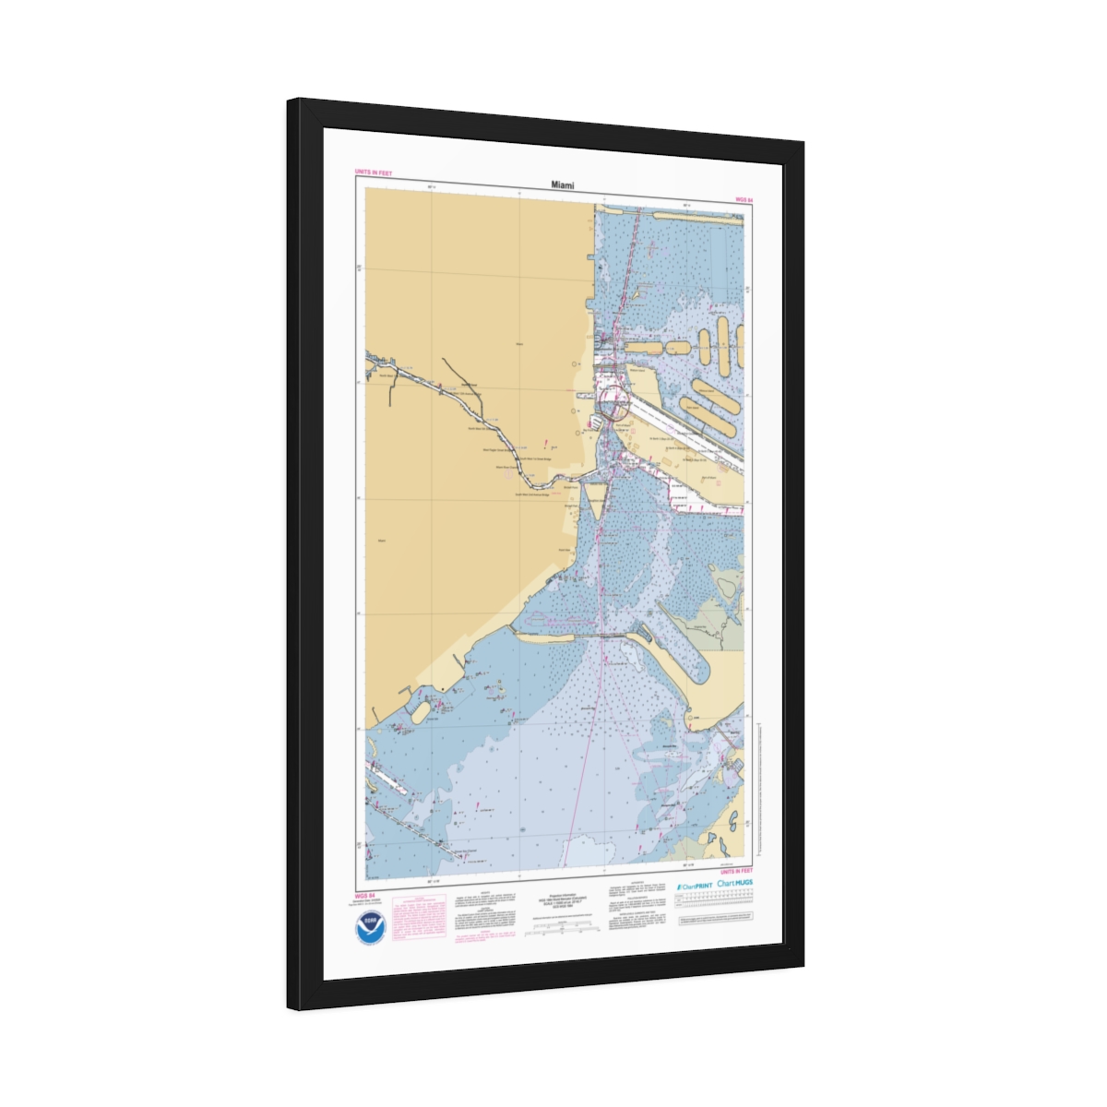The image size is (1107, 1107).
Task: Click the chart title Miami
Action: pos(563,185)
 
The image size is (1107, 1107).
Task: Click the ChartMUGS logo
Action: pos(735,883)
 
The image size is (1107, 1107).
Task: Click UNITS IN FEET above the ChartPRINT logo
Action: pos(736,871)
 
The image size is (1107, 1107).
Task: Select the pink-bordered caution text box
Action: pos(418,918)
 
